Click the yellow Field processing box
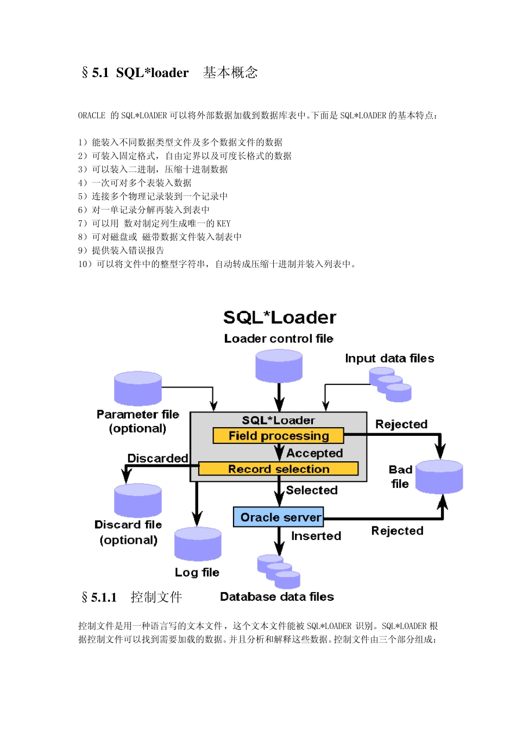[x=278, y=436]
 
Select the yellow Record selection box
[x=278, y=469]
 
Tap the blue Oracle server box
[x=278, y=517]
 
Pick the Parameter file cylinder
[x=138, y=389]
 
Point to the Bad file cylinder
[x=439, y=477]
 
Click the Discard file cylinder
[x=138, y=500]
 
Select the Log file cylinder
[x=198, y=544]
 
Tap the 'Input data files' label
[x=389, y=358]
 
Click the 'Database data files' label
[x=277, y=596]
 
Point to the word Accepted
[x=314, y=453]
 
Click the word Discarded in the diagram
[x=158, y=458]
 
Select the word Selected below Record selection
[x=312, y=490]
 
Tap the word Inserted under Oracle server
[x=316, y=536]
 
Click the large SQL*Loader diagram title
[x=280, y=318]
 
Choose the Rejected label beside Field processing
[x=401, y=424]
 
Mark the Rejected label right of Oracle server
[x=397, y=531]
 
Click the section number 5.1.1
[x=104, y=598]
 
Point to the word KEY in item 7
[x=224, y=224]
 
